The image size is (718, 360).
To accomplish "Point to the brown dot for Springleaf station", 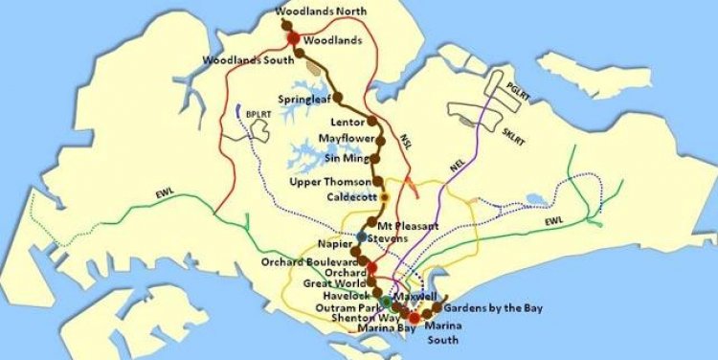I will point(338,96).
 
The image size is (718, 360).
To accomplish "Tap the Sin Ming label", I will point(346,157).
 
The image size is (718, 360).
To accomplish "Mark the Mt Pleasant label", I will point(409,225).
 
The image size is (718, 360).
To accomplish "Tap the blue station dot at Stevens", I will point(361,236).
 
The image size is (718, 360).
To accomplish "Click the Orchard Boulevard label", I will point(309,261).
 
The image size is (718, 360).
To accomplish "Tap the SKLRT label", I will point(513,131).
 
